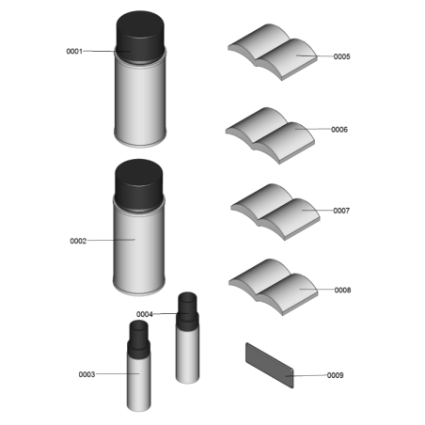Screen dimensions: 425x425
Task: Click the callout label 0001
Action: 74,51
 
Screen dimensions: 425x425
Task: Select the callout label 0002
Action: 78,241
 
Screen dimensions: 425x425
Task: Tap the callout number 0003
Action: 87,374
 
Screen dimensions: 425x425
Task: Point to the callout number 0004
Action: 145,314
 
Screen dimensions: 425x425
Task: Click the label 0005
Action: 342,56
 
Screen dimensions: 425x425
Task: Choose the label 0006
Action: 339,130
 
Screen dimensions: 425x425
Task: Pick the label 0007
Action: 341,211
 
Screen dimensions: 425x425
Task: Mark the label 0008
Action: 342,290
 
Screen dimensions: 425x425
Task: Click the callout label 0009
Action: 335,375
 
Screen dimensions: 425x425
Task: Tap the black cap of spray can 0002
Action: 139,185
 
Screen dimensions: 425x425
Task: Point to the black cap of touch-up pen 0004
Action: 187,312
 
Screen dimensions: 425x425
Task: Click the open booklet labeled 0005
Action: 273,52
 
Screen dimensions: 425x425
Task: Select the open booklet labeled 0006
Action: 270,135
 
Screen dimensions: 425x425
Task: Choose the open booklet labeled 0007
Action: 275,212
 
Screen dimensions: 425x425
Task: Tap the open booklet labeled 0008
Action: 273,287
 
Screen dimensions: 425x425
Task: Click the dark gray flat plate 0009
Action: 270,366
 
